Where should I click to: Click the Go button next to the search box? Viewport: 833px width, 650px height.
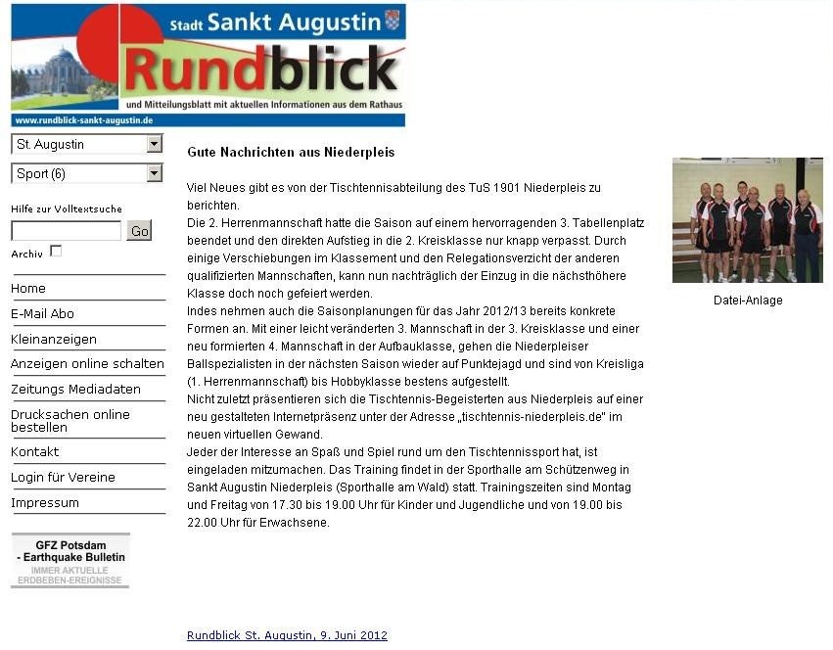[139, 231]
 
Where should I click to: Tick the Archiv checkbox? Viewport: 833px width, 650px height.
[56, 252]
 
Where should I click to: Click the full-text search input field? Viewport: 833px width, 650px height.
[66, 231]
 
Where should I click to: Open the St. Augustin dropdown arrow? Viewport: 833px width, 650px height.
[154, 144]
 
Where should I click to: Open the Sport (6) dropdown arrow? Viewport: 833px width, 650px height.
[154, 173]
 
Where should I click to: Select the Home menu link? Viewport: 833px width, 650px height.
[28, 289]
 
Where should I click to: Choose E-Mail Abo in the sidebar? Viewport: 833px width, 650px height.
[42, 314]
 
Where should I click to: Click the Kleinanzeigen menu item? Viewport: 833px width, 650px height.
[54, 340]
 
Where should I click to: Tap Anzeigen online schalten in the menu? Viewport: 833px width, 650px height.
[87, 364]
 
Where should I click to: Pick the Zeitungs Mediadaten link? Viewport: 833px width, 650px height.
[75, 390]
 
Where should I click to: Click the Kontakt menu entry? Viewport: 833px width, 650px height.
[35, 452]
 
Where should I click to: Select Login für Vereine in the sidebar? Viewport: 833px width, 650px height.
[63, 478]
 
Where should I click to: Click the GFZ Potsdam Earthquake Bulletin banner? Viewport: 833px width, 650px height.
[70, 560]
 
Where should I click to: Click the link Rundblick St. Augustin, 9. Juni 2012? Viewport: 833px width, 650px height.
[287, 635]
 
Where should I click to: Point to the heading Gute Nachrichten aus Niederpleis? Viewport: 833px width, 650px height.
[291, 153]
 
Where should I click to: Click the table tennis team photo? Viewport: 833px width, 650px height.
[747, 220]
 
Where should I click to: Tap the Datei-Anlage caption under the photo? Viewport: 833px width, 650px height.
[748, 301]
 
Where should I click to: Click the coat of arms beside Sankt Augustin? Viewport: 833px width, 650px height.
[393, 20]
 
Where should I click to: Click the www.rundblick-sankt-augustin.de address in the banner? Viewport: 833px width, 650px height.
[84, 120]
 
